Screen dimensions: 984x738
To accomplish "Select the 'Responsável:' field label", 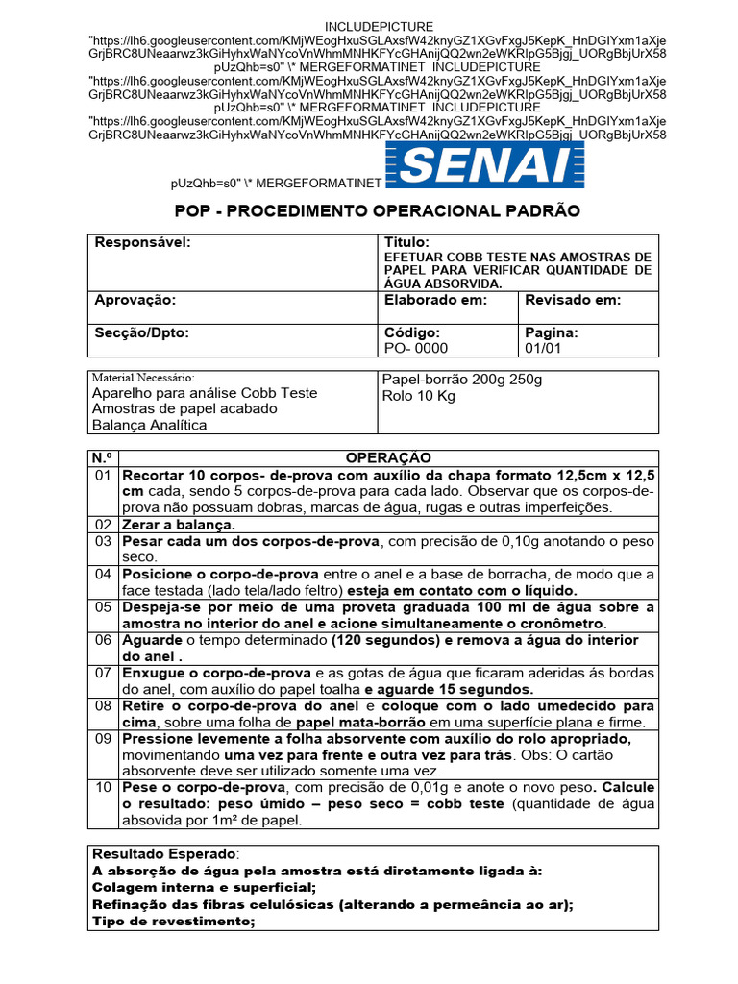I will (143, 242).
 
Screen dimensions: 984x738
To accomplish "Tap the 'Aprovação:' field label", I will (135, 300).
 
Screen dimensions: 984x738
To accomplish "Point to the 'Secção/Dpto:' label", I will (142, 332).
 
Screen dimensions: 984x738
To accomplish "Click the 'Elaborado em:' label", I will (435, 300).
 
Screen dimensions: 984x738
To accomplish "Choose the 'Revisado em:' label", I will (573, 300).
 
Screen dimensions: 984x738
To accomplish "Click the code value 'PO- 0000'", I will (416, 348).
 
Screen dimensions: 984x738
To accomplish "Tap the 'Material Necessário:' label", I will (142, 378).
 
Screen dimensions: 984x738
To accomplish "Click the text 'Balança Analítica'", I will (149, 425).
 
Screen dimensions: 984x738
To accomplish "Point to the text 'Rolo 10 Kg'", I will (419, 396).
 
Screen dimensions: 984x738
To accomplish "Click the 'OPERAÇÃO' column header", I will (388, 457).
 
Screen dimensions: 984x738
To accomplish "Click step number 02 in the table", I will (104, 525).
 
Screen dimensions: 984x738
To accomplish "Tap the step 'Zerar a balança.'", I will (178, 525).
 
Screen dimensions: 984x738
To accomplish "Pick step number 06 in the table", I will (104, 640).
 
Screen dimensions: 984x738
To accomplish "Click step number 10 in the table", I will (104, 788).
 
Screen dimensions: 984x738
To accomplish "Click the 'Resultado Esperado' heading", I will (163, 853).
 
